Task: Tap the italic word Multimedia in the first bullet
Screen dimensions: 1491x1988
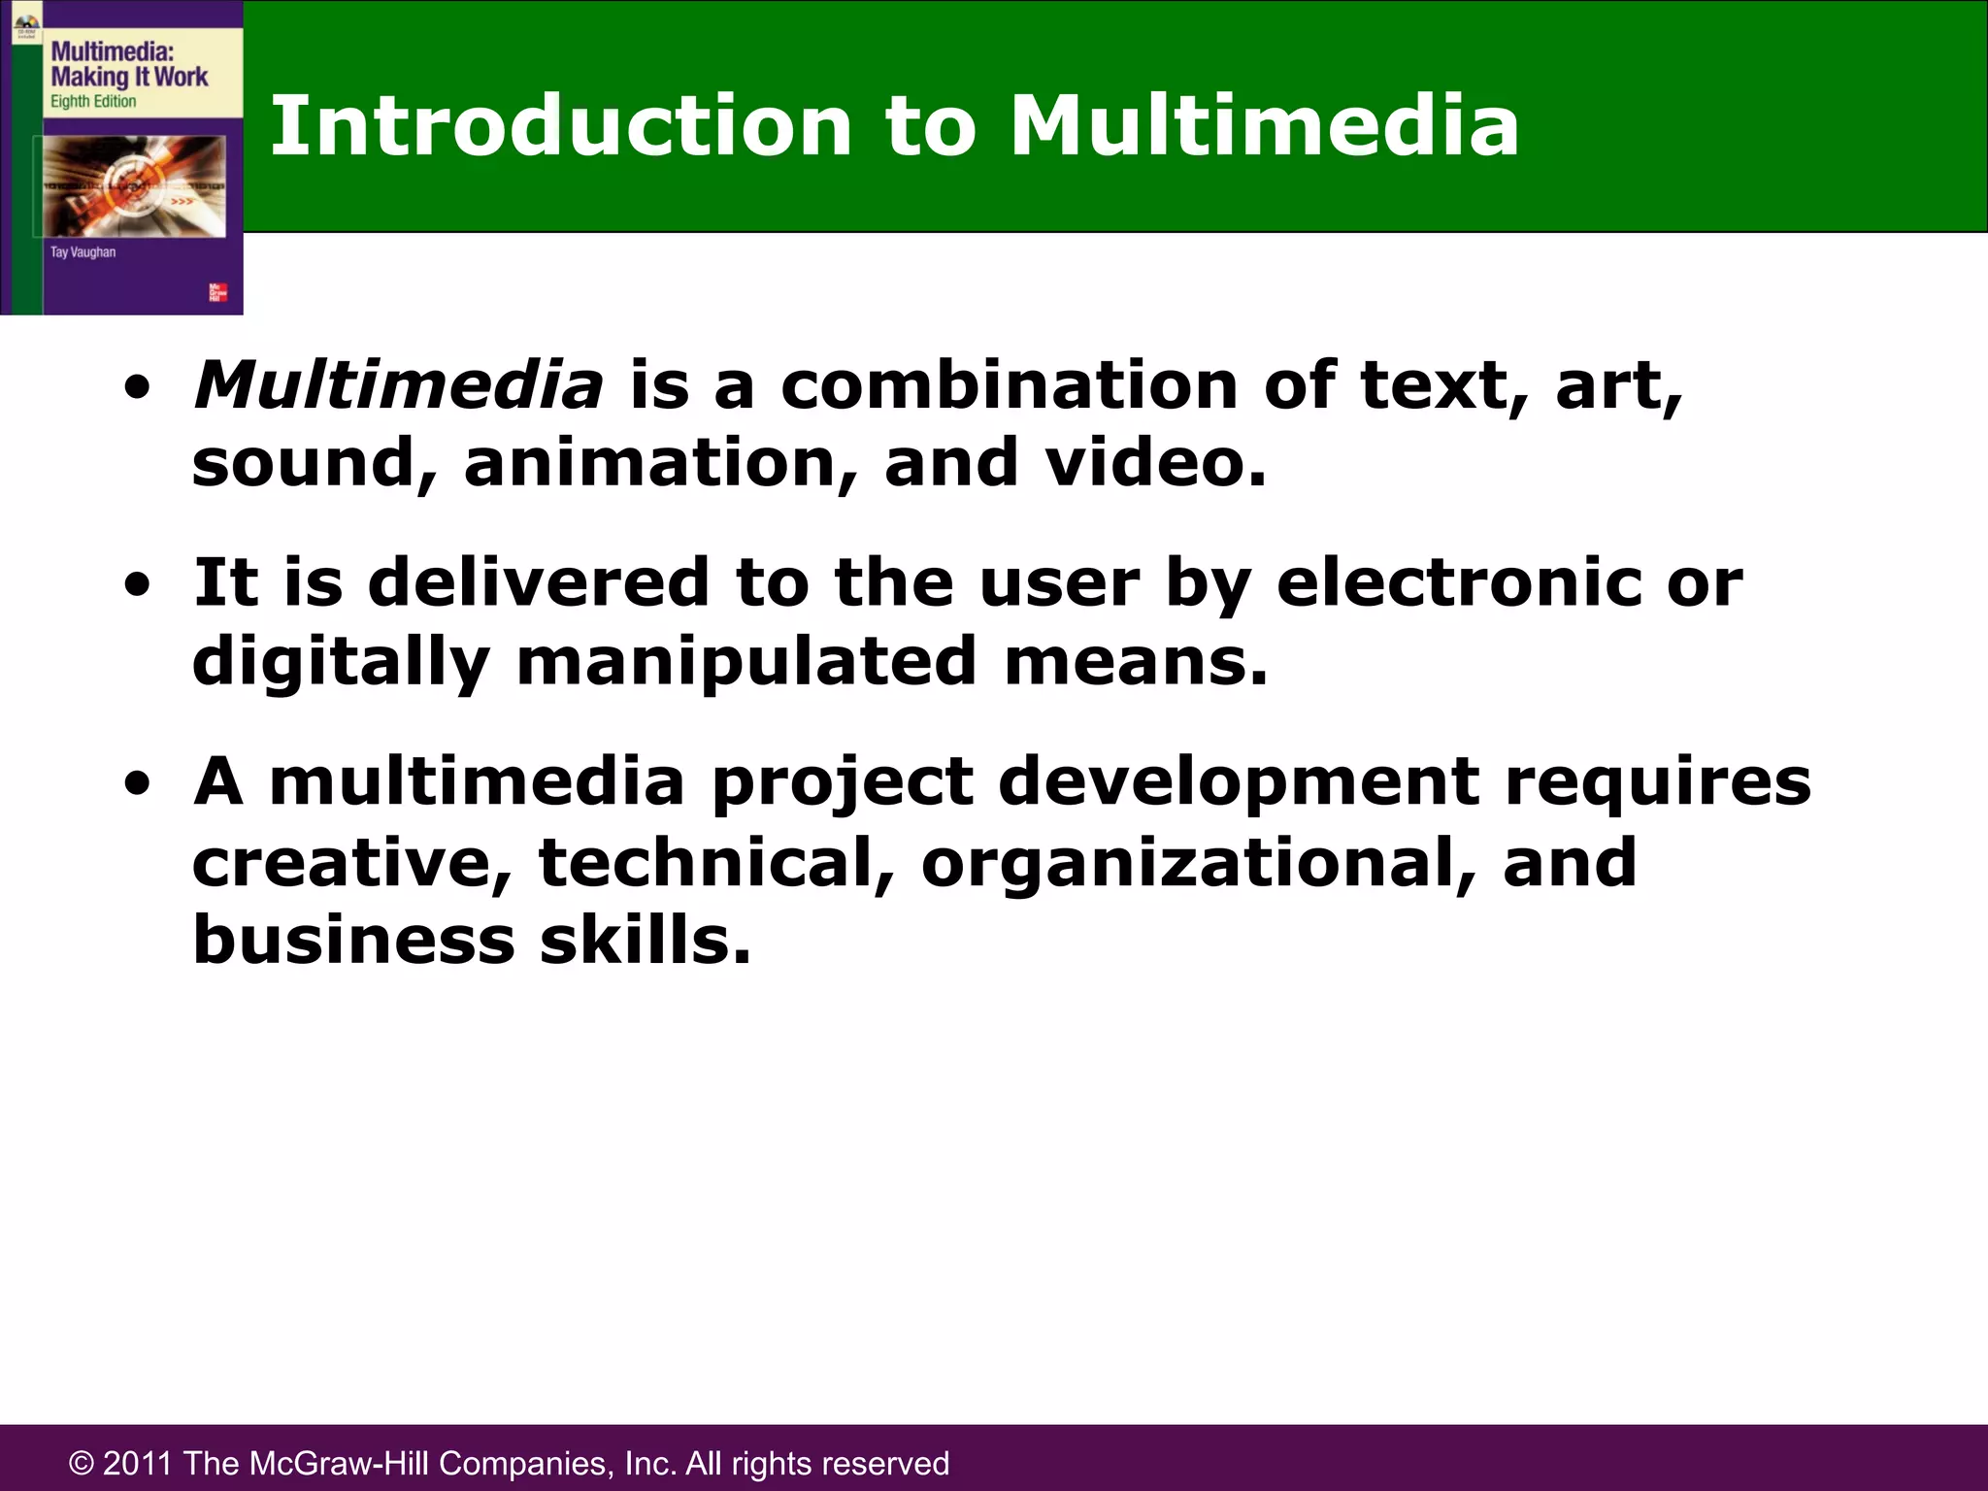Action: tap(398, 385)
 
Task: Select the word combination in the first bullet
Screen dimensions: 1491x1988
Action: tap(1009, 385)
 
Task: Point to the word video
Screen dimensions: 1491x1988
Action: tap(1155, 463)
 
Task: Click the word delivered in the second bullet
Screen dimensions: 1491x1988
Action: tap(539, 582)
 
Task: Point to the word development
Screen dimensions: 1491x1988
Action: tap(1239, 782)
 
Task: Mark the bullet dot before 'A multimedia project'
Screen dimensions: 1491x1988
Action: tap(139, 784)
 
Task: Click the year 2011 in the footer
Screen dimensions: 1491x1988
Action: tap(138, 1463)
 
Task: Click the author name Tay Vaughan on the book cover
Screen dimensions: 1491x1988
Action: tap(83, 252)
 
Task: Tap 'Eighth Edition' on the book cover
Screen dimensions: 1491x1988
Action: tap(93, 102)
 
